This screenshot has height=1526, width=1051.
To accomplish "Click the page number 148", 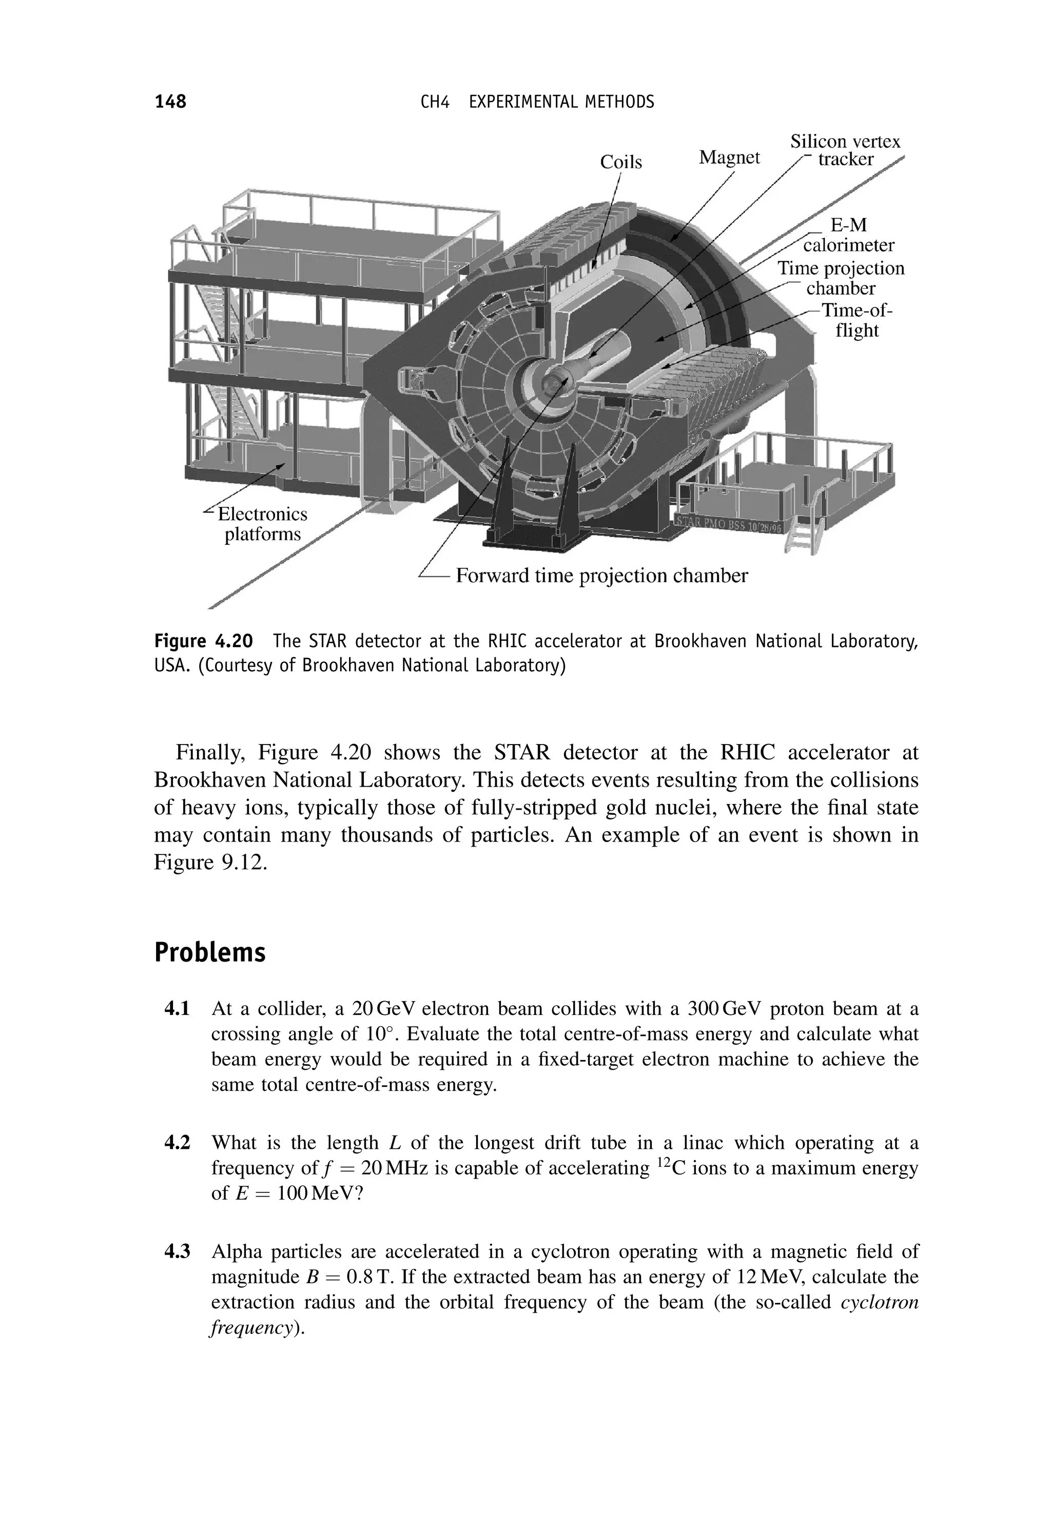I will [x=170, y=102].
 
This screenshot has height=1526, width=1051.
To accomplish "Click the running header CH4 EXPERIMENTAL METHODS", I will [x=537, y=102].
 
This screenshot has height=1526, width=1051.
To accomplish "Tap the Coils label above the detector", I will [x=620, y=162].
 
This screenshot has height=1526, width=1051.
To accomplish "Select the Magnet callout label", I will [x=729, y=158].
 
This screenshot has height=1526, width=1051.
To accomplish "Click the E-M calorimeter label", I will [x=848, y=235].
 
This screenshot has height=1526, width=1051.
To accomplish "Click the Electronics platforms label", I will [x=262, y=523].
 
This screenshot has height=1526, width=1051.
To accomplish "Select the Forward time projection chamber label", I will [x=601, y=576].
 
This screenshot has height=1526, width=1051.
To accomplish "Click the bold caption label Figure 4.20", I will [x=204, y=640].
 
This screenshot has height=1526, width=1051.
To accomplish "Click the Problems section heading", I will [x=209, y=953].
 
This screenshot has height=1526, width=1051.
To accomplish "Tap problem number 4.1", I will [x=177, y=1009].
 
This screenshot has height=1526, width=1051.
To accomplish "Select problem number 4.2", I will [x=177, y=1142].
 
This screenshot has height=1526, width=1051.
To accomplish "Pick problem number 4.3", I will [x=177, y=1251].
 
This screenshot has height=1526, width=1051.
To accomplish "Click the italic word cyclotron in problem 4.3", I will [x=879, y=1303].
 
